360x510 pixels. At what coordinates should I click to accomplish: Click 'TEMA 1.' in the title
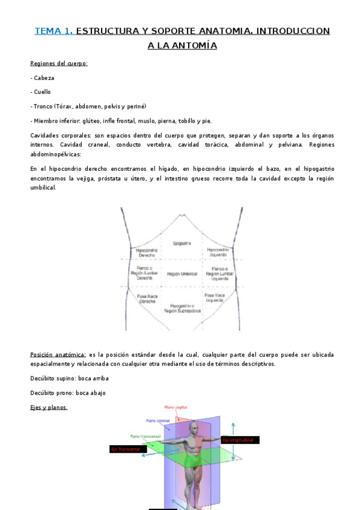53,31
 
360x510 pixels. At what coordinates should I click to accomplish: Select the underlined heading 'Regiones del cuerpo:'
59,63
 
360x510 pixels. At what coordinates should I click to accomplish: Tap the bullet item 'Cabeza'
44,78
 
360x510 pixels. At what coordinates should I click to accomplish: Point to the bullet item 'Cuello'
42,92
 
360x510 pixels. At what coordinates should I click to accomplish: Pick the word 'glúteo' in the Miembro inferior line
91,121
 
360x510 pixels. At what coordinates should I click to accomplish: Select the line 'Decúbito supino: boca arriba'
69,378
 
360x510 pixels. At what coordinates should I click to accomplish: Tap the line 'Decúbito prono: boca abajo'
67,393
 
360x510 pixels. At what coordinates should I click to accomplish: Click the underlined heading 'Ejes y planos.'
49,407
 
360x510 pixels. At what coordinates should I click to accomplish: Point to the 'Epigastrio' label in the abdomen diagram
182,243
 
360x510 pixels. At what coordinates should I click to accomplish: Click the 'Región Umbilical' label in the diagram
182,274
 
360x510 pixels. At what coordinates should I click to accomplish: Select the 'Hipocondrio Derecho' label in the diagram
147,252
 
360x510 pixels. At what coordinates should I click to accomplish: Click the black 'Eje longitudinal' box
240,440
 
